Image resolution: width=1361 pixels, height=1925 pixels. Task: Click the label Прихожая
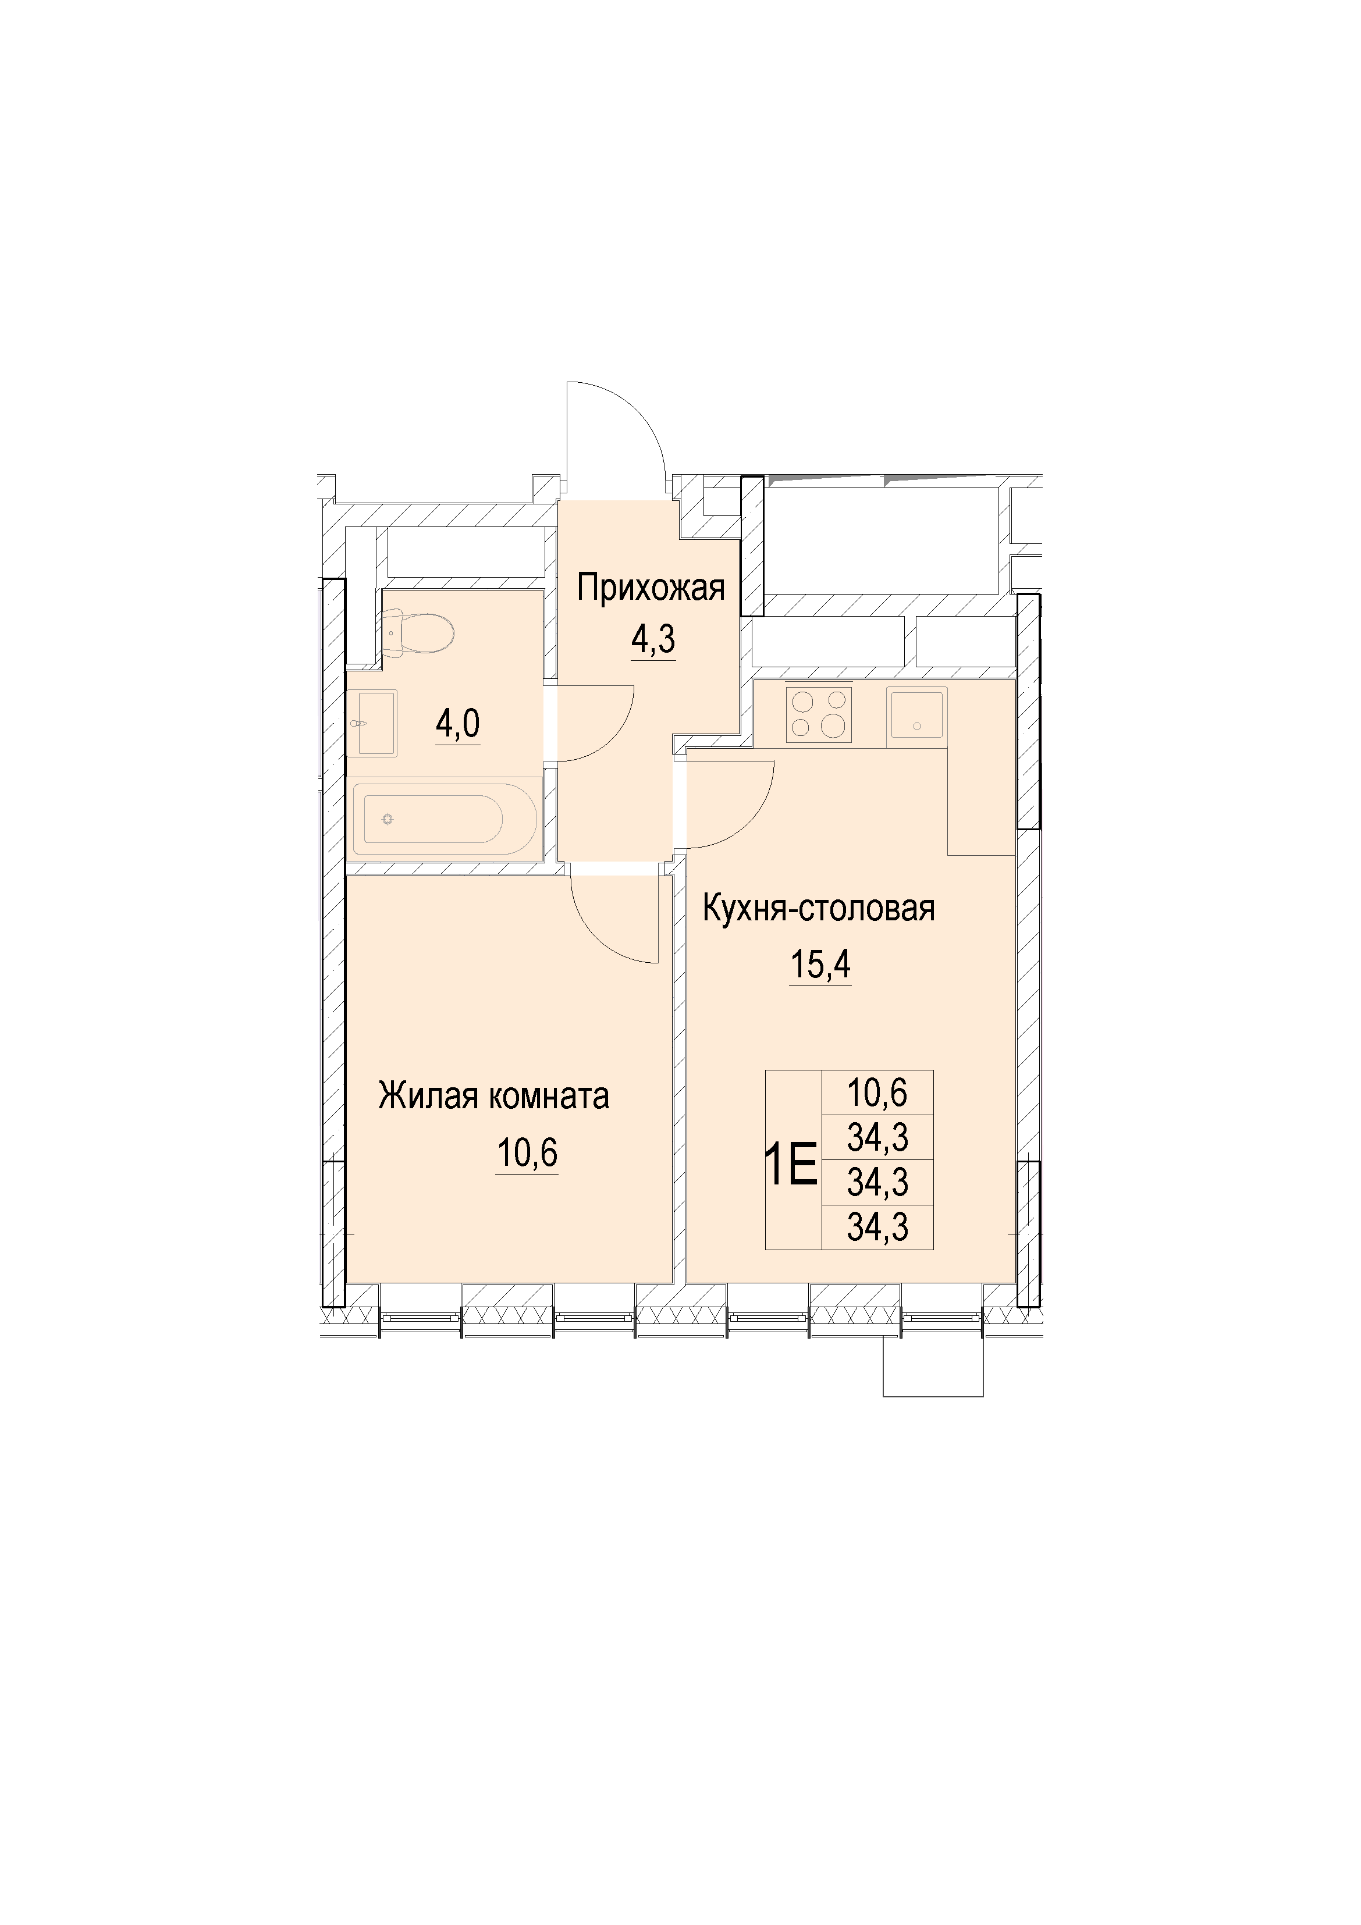(x=650, y=589)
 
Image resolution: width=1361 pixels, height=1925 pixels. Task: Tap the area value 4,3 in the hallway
(x=653, y=640)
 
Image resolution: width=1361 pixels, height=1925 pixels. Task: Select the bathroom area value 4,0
(x=458, y=723)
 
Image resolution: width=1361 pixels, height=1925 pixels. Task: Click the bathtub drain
(x=388, y=819)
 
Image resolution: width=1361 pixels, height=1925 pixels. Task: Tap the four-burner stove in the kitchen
(x=819, y=714)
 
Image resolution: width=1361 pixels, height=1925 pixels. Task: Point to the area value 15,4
(x=820, y=966)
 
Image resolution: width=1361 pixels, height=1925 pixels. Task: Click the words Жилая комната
(x=494, y=1097)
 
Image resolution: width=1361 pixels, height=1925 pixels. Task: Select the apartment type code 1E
(x=791, y=1166)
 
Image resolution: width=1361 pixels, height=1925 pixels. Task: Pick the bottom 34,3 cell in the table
(x=878, y=1227)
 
